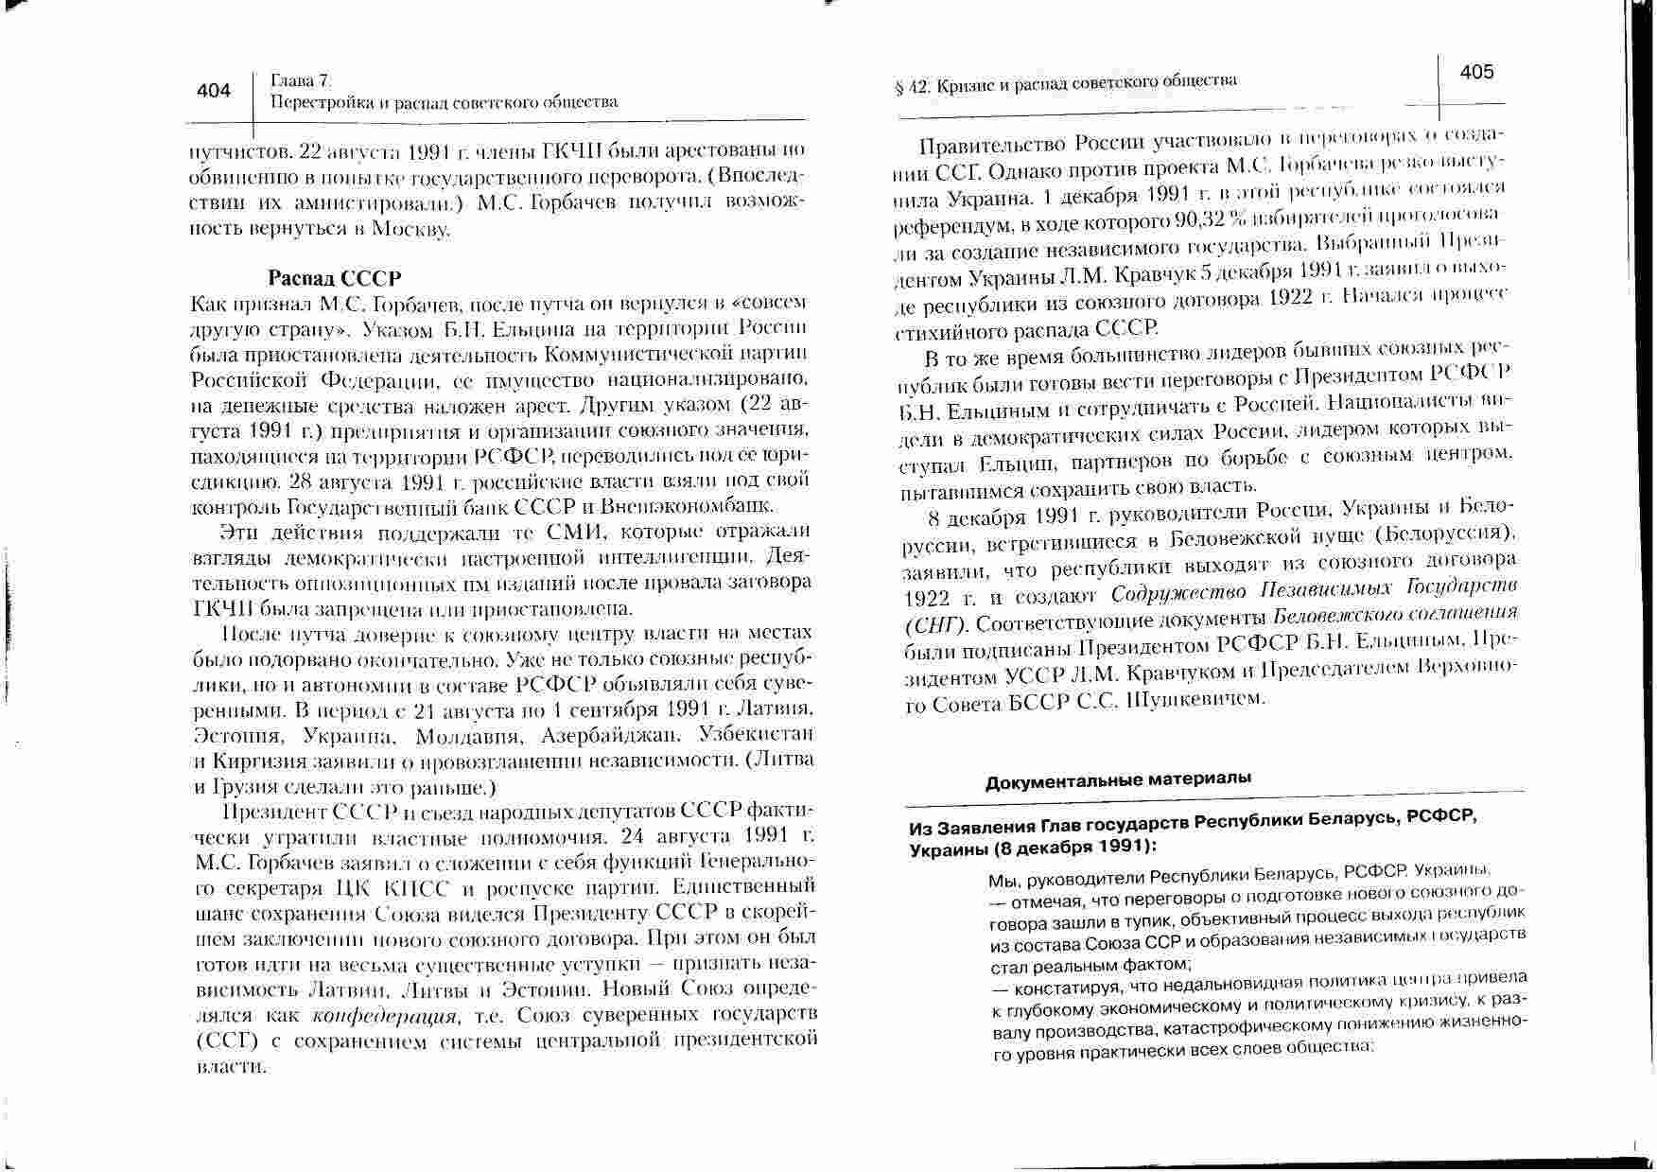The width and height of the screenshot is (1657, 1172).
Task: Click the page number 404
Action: tap(214, 91)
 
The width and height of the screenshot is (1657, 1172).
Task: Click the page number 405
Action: tap(1476, 72)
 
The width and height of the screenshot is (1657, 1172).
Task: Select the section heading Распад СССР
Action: tap(335, 278)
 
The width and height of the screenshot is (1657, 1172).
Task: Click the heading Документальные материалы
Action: tap(1118, 779)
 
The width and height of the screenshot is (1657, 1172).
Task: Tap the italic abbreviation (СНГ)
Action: tap(936, 626)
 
